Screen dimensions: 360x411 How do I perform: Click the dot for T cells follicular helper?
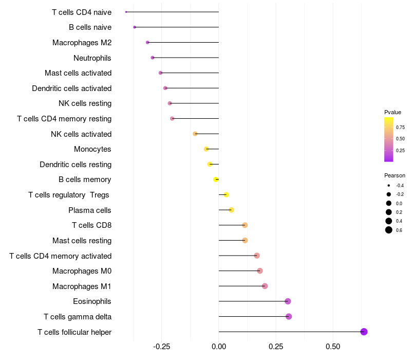pyautogui.click(x=364, y=332)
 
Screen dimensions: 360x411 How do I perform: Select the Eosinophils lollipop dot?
pyautogui.click(x=288, y=301)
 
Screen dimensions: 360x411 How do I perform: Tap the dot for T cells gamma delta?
pyautogui.click(x=289, y=316)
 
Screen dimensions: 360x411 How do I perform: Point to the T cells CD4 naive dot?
pyautogui.click(x=126, y=12)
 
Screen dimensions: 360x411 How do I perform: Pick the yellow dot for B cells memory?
pyautogui.click(x=216, y=179)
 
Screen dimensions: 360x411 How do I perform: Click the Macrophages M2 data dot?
pyautogui.click(x=147, y=42)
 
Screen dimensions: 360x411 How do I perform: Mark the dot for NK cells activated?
pyautogui.click(x=195, y=134)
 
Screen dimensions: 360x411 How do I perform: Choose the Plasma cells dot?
pyautogui.click(x=231, y=210)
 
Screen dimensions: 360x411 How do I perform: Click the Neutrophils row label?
pyautogui.click(x=92, y=58)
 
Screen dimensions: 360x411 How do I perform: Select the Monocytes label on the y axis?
pyautogui.click(x=92, y=150)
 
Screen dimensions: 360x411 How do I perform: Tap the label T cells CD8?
pyautogui.click(x=91, y=226)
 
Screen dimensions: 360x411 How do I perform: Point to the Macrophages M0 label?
pyautogui.click(x=82, y=271)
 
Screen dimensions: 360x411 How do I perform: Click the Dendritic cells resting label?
pyautogui.click(x=76, y=165)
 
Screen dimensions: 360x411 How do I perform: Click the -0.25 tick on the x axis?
pyautogui.click(x=161, y=346)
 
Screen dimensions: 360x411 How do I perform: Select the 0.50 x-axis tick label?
pyautogui.click(x=332, y=346)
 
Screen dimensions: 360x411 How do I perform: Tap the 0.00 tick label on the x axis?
pyautogui.click(x=219, y=346)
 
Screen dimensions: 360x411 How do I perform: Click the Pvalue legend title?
pyautogui.click(x=393, y=112)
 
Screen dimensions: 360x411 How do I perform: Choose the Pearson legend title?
pyautogui.click(x=395, y=176)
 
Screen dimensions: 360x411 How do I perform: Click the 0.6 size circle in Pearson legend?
pyautogui.click(x=389, y=230)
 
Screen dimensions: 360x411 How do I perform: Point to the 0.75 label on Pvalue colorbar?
pyautogui.click(x=400, y=127)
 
